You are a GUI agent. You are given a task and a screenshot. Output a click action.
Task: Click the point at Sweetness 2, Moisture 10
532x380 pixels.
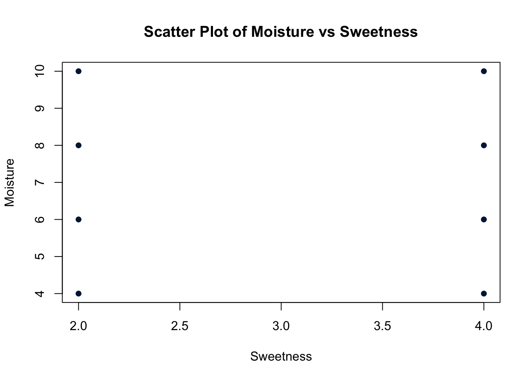click(78, 71)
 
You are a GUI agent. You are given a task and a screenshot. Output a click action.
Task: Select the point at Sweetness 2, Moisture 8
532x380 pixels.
click(78, 145)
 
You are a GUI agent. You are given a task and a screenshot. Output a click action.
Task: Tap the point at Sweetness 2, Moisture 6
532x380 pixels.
click(78, 219)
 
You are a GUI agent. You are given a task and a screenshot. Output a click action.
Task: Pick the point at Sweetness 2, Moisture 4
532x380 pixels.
click(78, 293)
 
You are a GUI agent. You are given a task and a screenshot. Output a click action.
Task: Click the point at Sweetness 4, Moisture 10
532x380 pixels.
click(484, 71)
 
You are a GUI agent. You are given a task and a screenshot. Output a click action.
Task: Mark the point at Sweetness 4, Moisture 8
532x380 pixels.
click(484, 145)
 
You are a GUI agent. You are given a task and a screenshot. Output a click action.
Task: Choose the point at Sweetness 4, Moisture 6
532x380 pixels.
click(484, 219)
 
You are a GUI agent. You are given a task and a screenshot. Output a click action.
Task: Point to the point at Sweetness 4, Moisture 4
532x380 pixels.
click(484, 293)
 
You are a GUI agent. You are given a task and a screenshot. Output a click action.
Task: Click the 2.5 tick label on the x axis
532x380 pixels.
click(180, 326)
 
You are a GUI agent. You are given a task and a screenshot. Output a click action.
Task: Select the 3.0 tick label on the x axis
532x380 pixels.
click(281, 326)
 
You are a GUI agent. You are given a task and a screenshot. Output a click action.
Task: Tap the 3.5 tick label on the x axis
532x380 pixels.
click(382, 326)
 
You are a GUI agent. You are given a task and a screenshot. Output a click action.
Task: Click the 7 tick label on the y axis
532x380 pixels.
click(40, 182)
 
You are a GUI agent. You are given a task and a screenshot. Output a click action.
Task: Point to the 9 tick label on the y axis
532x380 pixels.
click(40, 108)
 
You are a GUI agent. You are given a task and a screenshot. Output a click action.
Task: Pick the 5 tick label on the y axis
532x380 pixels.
click(40, 256)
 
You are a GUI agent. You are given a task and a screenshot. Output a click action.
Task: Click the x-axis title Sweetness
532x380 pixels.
click(281, 357)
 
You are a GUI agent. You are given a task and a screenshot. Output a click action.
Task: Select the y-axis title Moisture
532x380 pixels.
click(10, 182)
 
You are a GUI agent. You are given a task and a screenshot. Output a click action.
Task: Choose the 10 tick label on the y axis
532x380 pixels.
click(40, 71)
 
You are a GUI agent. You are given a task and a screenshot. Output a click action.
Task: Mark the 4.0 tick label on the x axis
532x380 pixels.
click(484, 326)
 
